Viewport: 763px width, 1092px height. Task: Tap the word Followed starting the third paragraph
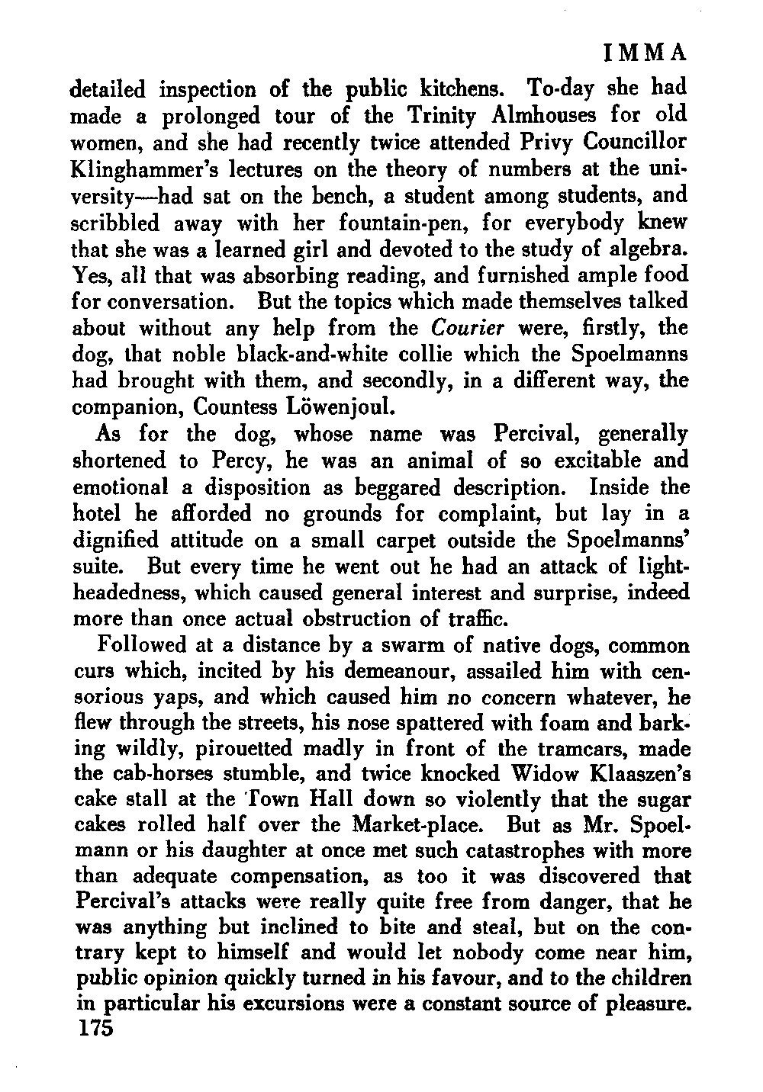(x=143, y=646)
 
